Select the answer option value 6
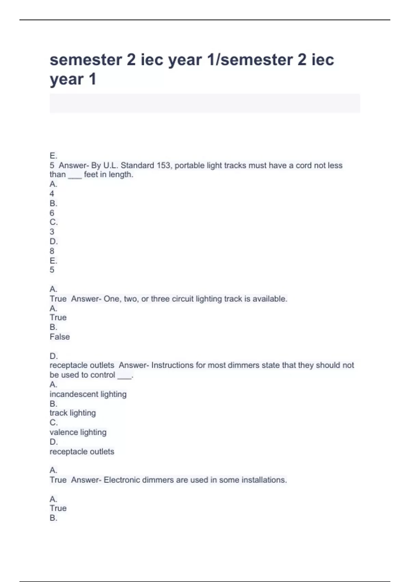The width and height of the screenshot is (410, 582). tap(52, 213)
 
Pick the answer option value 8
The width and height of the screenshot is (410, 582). tap(52, 251)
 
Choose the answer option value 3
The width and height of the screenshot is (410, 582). tap(52, 232)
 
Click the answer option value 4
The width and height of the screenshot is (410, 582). tap(52, 193)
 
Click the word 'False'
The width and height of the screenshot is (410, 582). tap(60, 337)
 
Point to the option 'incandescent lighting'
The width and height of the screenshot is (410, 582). tap(88, 394)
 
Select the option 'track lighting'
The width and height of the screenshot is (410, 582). tap(73, 413)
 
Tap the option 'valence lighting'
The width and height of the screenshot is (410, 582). tap(78, 432)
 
